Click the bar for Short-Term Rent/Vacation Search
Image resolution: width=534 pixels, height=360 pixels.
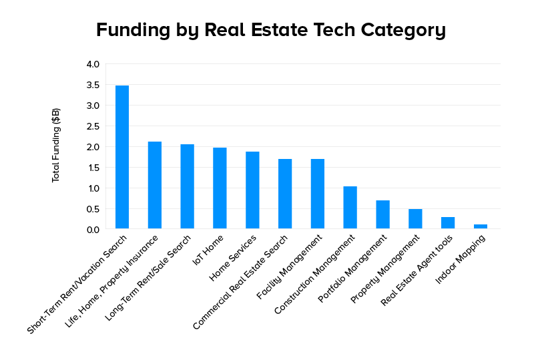122,157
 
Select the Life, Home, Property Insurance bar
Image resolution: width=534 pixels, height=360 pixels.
155,185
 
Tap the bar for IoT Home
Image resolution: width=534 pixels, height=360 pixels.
220,188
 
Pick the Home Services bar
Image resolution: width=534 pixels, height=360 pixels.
252,190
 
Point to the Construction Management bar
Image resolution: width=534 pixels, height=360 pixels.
350,208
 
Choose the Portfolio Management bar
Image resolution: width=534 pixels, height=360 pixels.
382,214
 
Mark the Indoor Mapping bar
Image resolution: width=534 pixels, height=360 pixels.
481,226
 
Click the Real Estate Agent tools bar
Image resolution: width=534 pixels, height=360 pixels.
448,223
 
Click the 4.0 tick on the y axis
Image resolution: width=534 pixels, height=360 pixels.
92,64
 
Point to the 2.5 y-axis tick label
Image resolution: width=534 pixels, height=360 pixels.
92,126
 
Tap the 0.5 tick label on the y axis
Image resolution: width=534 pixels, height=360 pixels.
92,209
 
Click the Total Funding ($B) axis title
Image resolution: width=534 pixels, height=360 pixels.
56,145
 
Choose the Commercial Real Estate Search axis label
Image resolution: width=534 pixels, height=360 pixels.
241,281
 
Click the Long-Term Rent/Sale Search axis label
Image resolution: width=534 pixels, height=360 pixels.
149,277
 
